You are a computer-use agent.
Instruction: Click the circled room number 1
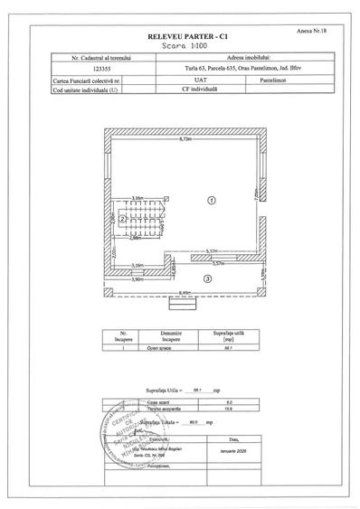point(210,200)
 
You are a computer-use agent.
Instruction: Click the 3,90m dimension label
point(138,281)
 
